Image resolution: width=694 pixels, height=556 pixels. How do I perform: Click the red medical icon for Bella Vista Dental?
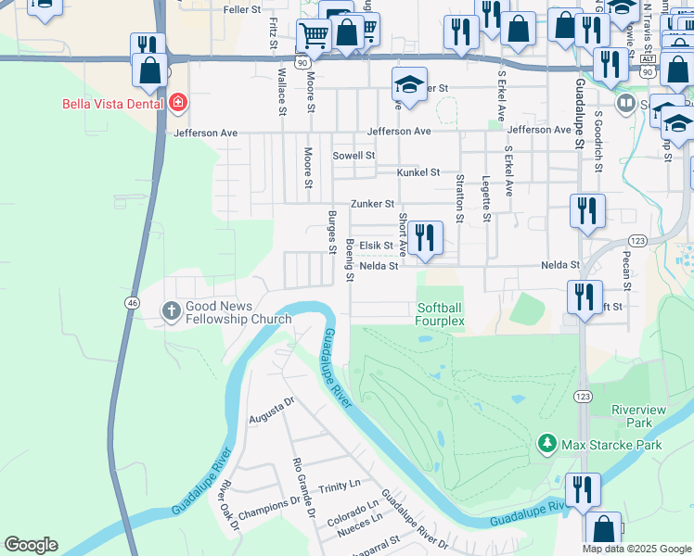177,103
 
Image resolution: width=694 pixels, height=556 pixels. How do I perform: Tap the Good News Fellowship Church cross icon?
171,311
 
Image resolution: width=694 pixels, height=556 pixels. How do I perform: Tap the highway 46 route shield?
133,302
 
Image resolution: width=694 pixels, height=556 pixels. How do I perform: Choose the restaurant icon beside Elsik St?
425,238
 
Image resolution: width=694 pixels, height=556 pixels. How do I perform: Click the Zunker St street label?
372,204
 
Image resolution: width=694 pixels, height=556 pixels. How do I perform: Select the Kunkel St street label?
418,172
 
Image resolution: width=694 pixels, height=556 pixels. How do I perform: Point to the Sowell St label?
353,156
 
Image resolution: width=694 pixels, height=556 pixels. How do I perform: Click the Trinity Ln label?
339,486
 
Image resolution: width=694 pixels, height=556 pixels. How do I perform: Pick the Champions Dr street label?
270,509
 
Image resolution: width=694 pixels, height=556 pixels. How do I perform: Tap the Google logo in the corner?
31,545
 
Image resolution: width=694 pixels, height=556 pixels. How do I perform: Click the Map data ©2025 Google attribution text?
636,549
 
